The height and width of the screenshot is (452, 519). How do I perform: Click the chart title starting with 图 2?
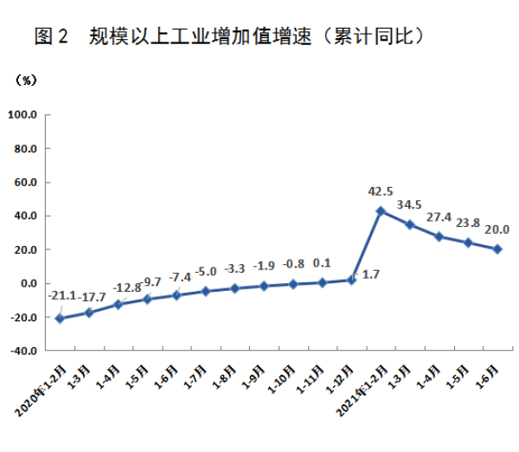coord(229,36)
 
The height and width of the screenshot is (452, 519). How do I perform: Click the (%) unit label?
coord(27,81)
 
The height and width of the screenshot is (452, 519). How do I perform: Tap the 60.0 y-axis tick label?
coord(24,182)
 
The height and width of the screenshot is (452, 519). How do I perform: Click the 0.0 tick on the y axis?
coord(27,284)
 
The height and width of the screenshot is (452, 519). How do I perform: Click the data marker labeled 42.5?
coord(381,210)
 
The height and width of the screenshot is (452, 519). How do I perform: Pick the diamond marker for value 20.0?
coord(497,249)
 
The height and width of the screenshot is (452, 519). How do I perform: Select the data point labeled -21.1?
coord(60,319)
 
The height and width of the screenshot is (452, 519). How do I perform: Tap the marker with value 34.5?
coord(410,224)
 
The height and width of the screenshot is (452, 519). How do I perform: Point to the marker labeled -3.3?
coord(234,288)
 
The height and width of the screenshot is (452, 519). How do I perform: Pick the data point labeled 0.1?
coord(322,282)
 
